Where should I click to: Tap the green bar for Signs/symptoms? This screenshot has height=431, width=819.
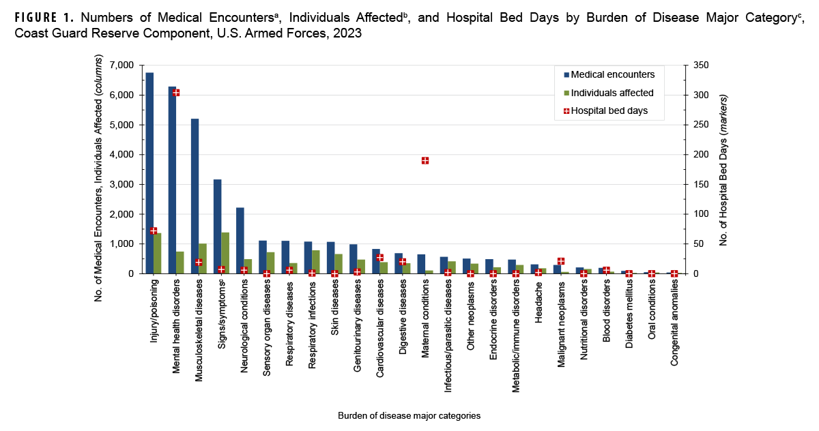tap(225, 253)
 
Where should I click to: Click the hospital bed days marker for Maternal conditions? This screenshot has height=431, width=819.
tap(425, 161)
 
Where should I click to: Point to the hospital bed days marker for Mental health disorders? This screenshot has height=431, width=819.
tap(176, 93)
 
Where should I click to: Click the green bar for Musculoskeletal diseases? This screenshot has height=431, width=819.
tap(203, 258)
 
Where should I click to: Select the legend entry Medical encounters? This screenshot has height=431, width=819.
tap(612, 74)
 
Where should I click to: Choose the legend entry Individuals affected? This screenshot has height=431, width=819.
tap(612, 93)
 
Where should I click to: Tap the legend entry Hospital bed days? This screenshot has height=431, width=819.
tap(609, 110)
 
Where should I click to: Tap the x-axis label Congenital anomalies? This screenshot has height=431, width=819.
tap(674, 323)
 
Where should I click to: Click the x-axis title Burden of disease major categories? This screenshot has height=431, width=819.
tap(409, 415)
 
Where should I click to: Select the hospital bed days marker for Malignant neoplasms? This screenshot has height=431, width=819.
tap(561, 261)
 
